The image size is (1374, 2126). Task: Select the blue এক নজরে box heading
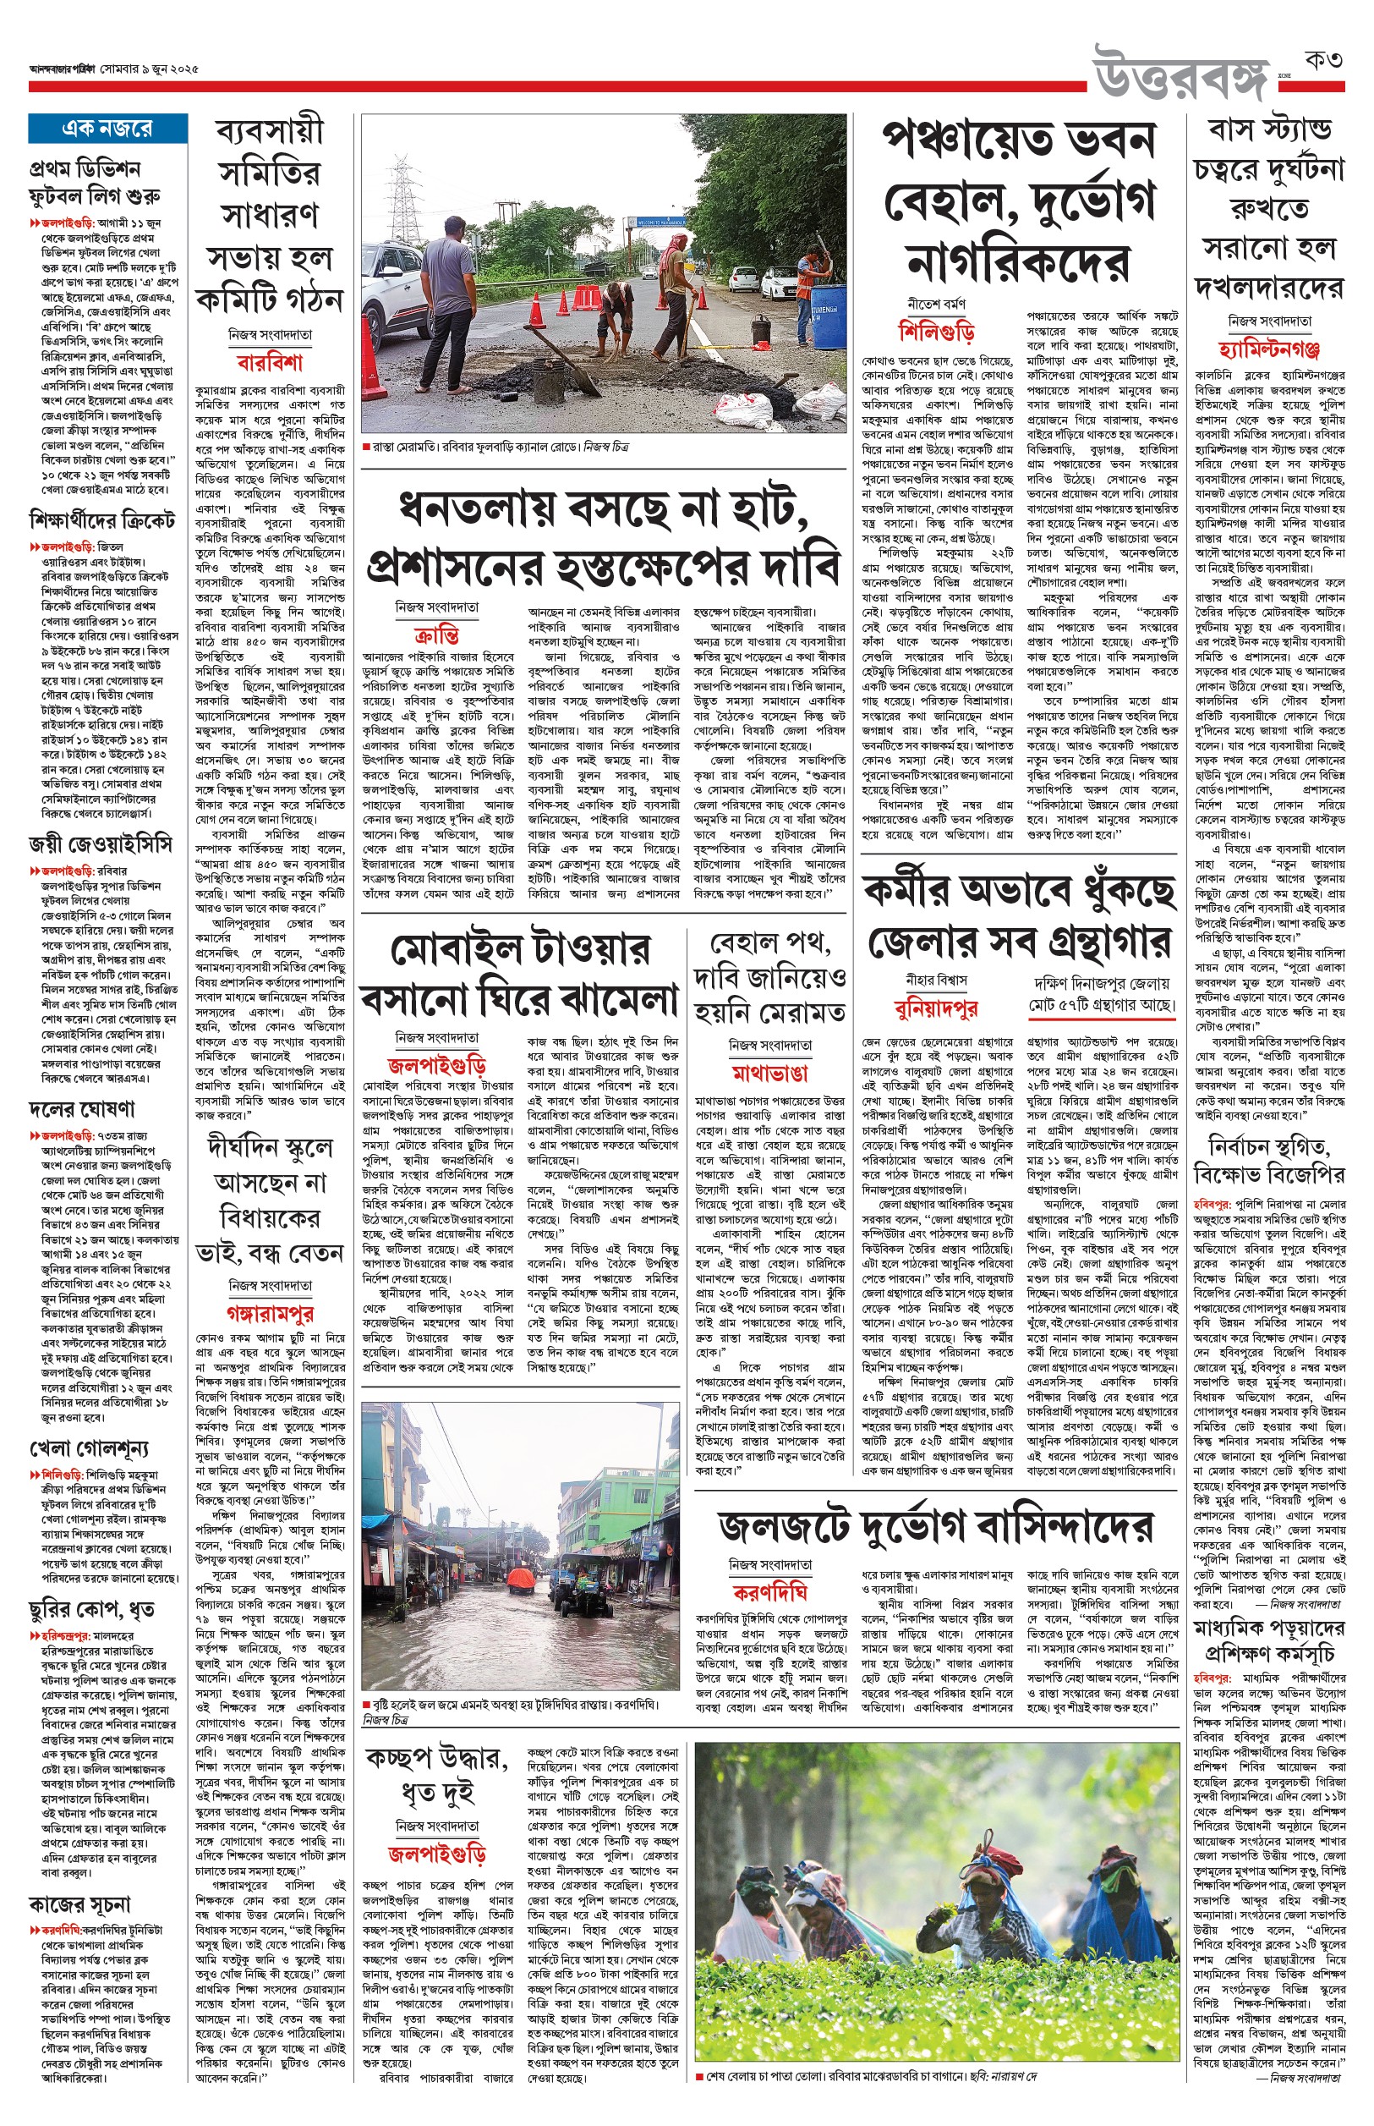107,129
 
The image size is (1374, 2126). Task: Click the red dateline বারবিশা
270,362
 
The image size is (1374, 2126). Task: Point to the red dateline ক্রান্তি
437,635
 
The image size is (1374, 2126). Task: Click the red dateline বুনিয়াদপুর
936,1008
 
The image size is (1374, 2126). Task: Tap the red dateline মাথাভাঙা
769,1072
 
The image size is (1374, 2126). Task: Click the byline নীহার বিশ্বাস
936,980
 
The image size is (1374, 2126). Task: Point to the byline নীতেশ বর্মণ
936,305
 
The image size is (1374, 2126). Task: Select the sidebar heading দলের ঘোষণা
82,1109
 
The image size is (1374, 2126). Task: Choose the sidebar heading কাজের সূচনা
80,1904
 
